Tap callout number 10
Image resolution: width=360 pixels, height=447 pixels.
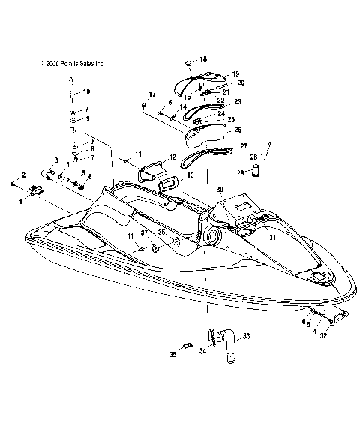tap(86, 91)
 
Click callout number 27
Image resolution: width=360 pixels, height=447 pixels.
tap(243, 145)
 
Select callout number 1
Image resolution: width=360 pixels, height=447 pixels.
tap(20, 200)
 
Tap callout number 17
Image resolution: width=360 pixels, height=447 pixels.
tap(152, 94)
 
